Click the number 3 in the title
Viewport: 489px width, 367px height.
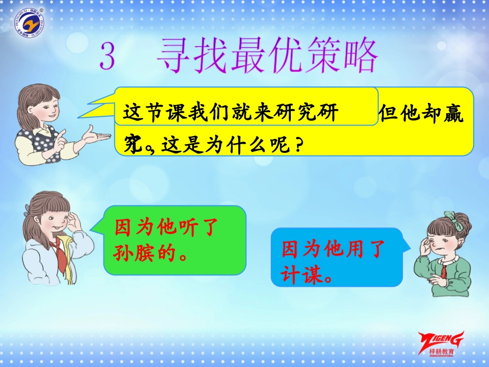[107, 56]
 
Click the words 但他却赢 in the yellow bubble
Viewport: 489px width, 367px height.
[421, 114]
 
